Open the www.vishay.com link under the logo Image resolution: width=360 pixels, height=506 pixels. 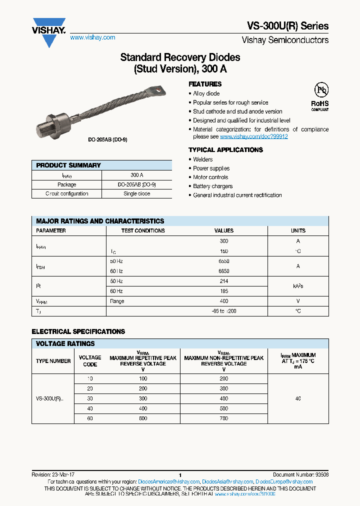92,37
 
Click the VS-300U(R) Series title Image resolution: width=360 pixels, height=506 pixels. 288,26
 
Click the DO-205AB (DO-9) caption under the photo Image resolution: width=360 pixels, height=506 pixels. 104,140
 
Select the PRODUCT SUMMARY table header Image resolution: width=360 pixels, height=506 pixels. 68,165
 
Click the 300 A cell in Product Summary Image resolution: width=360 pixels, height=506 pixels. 136,175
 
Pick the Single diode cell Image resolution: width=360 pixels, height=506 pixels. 136,193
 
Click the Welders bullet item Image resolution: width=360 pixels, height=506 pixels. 203,159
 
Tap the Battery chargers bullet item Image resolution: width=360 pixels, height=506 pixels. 213,186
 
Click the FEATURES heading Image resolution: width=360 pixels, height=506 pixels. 205,84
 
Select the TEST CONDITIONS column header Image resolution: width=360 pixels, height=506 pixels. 143,230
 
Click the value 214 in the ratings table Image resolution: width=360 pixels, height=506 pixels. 223,282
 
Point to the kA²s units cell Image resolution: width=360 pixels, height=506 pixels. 298,286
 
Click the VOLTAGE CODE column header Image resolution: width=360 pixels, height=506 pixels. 90,361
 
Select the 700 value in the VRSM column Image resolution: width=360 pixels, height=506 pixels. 223,418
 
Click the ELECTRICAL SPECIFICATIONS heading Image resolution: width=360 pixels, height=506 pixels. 78,331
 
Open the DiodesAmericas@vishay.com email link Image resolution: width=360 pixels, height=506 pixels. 168,481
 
